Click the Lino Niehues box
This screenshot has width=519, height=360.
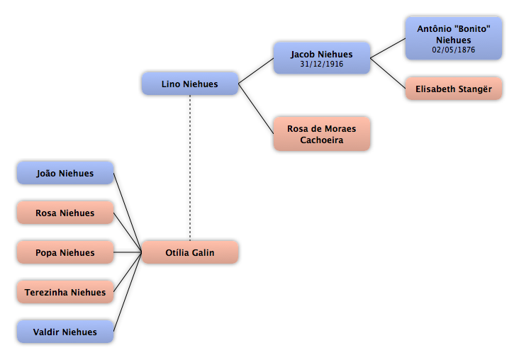pos(190,84)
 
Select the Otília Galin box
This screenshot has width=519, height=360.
pos(190,252)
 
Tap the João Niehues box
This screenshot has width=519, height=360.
pos(65,173)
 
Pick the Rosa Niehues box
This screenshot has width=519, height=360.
pos(65,213)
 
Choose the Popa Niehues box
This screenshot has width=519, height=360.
pos(65,252)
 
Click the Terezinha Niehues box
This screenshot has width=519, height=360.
pos(65,292)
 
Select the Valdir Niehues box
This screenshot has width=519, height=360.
pos(65,332)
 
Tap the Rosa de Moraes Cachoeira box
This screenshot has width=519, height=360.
pos(322,134)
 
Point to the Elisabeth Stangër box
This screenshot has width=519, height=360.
pos(454,89)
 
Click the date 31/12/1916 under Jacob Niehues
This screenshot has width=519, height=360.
pos(322,64)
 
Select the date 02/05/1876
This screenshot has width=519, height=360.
pos(454,50)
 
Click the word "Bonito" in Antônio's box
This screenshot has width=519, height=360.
pos(472,29)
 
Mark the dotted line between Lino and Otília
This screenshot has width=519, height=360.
pos(190,168)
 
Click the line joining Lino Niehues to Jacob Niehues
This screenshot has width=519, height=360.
pos(256,71)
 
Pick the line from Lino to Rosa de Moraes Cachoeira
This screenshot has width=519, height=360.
pos(256,109)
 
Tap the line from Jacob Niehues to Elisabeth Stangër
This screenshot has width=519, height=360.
pos(388,73)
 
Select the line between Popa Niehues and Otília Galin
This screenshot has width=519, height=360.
pos(128,252)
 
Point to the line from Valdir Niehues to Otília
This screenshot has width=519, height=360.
pos(128,292)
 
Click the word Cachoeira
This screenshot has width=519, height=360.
pos(322,140)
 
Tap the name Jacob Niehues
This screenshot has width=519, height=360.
pos(322,55)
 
